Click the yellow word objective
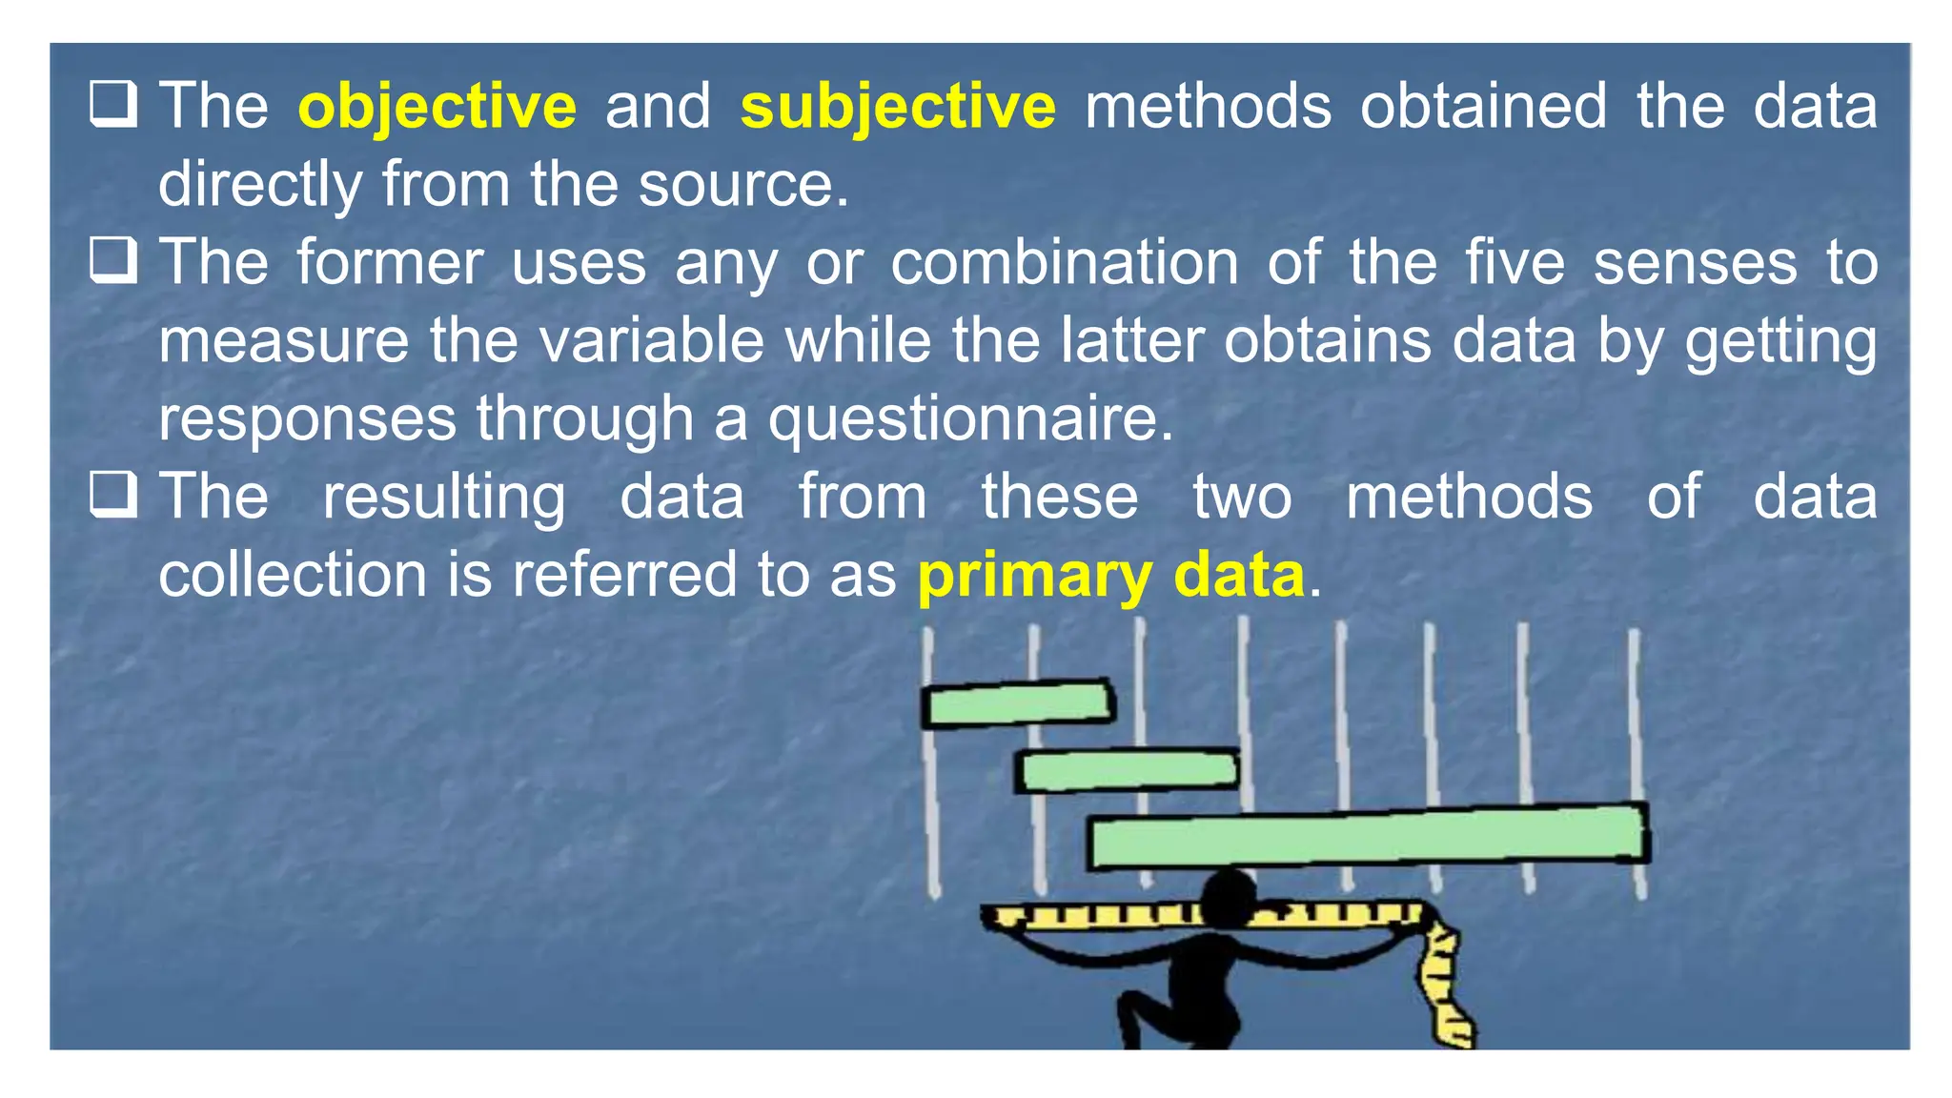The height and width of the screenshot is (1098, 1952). [437, 106]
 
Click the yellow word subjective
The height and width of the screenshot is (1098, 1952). [897, 106]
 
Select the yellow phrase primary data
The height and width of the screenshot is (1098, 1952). [1110, 576]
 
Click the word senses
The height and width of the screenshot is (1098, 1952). [1695, 263]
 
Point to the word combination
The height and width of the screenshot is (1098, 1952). [1064, 263]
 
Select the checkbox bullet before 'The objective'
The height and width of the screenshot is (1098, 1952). [113, 104]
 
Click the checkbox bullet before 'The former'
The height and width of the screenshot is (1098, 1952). [113, 260]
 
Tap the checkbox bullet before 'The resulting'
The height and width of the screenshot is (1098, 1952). [113, 495]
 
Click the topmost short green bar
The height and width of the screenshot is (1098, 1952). [1018, 703]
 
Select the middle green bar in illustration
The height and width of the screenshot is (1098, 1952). [1127, 771]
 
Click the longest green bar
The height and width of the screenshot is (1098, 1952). [1369, 837]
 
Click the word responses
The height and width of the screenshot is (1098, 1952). [307, 419]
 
